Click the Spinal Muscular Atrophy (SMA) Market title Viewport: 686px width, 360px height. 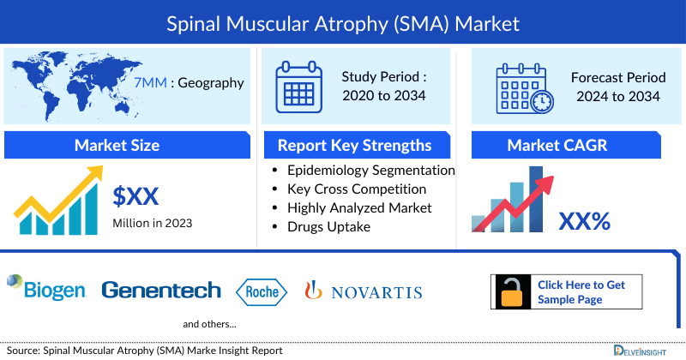[x=343, y=21]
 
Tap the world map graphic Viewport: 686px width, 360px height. [x=69, y=83]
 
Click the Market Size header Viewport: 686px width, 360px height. [x=117, y=145]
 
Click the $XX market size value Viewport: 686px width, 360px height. [x=136, y=196]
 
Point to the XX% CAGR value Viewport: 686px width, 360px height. [x=584, y=221]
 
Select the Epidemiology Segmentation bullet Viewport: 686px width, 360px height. [x=370, y=171]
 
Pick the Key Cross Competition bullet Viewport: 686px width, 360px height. [x=357, y=189]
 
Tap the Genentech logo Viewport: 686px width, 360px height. [x=160, y=291]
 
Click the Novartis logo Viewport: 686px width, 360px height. [x=364, y=291]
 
